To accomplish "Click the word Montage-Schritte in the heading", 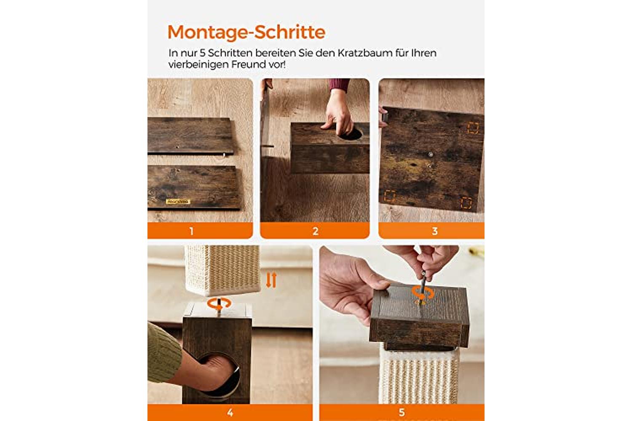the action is (x=246, y=32).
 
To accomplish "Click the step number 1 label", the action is (x=192, y=231).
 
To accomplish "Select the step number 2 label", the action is (x=316, y=231).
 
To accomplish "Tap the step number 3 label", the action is (x=435, y=231).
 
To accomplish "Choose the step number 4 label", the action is (x=230, y=413).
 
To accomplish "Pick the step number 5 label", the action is (x=402, y=413).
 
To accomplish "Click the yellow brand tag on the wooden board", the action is (x=178, y=201).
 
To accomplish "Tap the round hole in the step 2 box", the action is (x=351, y=134).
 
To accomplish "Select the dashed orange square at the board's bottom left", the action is (x=390, y=196).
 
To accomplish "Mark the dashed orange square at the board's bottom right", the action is (x=466, y=203).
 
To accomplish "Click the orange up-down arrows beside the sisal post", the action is (x=271, y=280).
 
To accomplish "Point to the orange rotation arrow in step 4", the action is (x=219, y=304).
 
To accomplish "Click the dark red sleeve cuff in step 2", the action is (x=340, y=85).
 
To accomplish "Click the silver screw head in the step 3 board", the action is (x=431, y=155).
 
